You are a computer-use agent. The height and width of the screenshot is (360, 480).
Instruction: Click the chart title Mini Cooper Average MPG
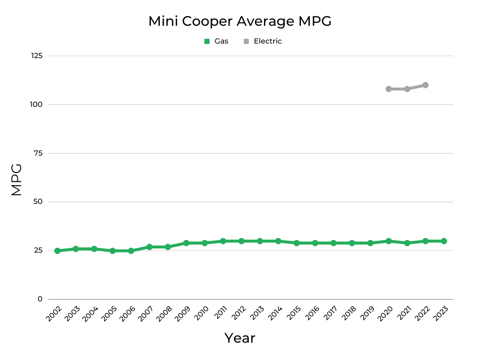240,21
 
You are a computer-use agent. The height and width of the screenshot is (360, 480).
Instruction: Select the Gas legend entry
217,41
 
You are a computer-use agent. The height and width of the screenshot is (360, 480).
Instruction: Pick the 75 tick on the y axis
38,153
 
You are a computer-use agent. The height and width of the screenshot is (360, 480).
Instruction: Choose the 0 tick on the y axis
40,299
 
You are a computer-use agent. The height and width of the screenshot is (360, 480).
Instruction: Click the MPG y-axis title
16,180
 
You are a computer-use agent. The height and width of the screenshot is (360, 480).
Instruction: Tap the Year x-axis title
240,338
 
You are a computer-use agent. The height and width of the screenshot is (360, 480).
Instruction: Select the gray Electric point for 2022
425,85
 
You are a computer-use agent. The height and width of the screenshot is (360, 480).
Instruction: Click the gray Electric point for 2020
389,89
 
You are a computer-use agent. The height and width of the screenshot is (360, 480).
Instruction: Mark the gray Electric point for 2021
407,89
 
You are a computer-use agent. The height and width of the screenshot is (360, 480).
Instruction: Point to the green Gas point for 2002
57,251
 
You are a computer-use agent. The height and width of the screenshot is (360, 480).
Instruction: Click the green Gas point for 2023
443,241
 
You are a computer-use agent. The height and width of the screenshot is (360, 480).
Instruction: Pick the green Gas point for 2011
223,241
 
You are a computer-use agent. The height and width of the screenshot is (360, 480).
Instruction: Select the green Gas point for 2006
131,251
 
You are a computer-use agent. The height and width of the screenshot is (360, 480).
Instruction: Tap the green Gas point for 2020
389,241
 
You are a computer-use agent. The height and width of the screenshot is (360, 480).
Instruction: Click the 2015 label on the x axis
294,313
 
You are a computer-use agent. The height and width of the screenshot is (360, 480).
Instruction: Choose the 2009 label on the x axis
184,313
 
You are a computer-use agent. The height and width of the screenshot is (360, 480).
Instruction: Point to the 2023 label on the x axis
442,313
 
